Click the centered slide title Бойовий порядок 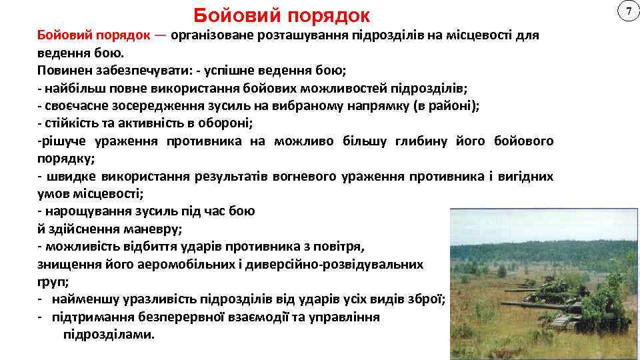click(x=281, y=15)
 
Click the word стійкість click(x=67, y=123)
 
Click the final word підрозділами click(x=108, y=334)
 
